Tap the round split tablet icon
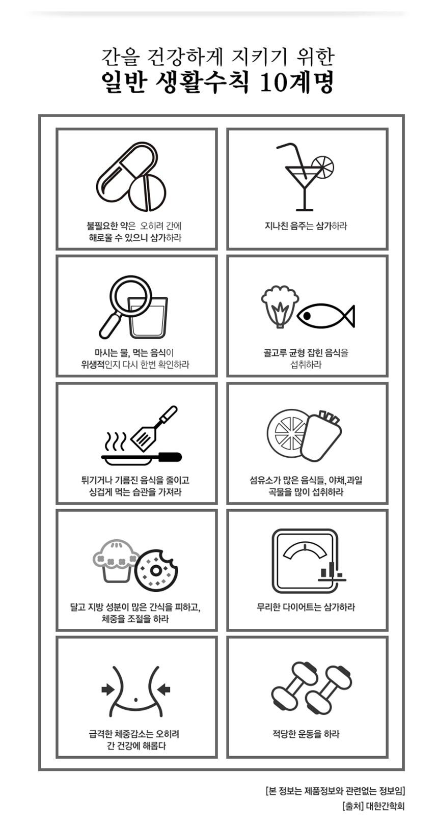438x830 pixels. (148, 192)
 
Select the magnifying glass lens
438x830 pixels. (131, 295)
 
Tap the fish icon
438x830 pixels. (325, 316)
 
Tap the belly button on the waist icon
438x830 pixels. (135, 699)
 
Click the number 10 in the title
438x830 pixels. (276, 83)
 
